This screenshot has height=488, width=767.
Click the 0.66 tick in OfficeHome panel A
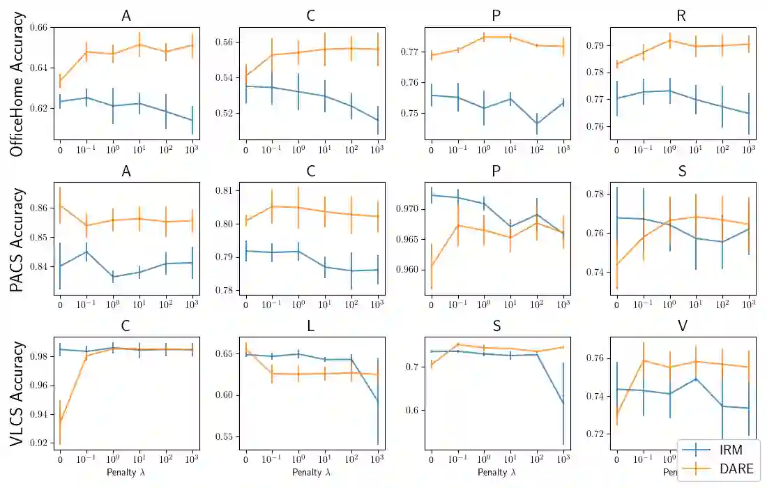pyautogui.click(x=40, y=27)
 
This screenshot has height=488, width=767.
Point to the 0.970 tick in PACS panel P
pyautogui.click(x=409, y=208)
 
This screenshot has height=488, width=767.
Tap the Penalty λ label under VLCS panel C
pyautogui.click(x=126, y=473)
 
